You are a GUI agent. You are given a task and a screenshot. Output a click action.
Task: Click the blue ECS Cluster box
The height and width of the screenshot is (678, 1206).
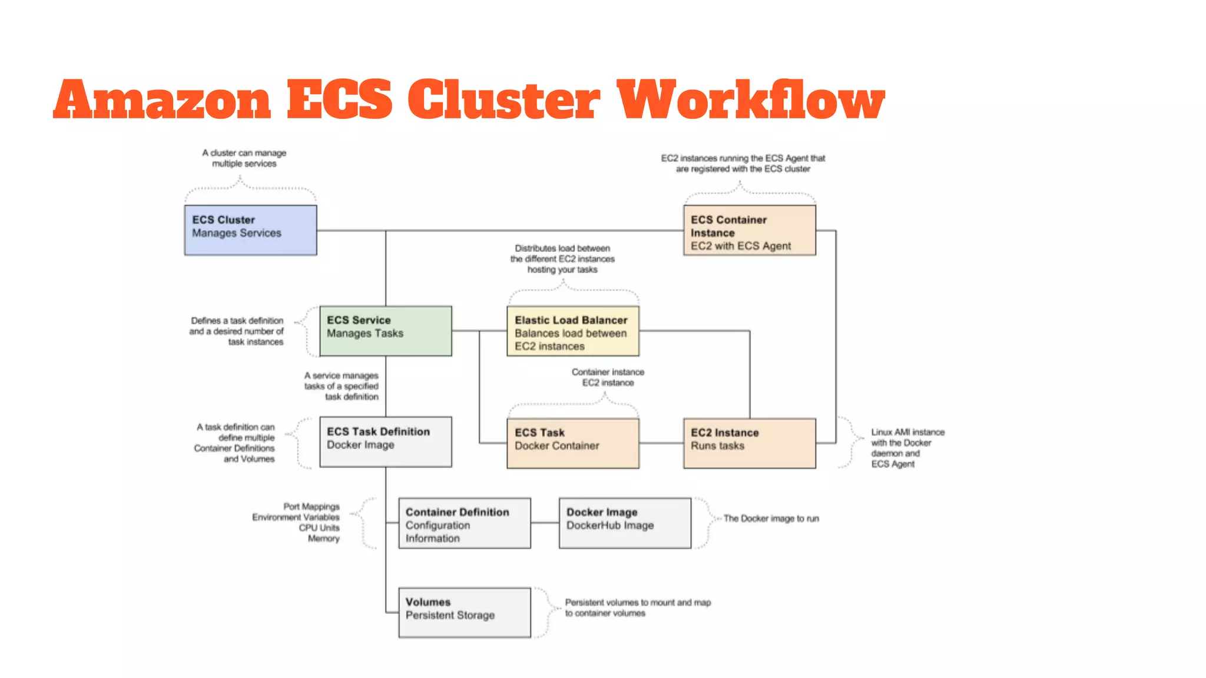pos(250,230)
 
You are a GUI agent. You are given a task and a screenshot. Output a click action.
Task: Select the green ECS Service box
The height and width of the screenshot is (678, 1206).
pos(385,331)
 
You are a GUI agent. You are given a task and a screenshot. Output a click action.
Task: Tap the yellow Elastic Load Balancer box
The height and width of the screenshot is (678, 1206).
pos(572,331)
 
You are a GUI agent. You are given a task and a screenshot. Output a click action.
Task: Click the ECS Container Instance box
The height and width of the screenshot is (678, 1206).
pos(749,230)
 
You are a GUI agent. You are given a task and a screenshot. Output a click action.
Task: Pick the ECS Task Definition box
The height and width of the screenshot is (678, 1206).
pos(385,442)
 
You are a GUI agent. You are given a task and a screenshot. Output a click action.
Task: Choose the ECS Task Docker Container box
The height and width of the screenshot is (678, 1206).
pos(572,443)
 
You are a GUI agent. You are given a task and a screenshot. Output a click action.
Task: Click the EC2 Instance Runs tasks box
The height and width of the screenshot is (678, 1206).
pos(749,443)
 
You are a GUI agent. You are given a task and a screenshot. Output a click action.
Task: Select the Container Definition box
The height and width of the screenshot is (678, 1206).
pos(464,523)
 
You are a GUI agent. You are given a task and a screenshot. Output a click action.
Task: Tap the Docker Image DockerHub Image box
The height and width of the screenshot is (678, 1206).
pos(624,523)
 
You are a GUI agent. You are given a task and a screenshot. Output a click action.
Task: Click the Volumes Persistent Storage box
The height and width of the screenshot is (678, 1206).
pos(464,613)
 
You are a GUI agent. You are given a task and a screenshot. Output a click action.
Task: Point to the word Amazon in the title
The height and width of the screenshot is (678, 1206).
pos(163,100)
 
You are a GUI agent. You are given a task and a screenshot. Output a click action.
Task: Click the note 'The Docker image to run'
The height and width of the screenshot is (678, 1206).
pos(771,519)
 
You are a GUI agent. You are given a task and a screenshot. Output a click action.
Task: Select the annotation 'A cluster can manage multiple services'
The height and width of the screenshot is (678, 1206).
pos(244,158)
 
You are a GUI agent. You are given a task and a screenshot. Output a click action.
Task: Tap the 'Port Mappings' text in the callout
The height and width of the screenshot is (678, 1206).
pos(312,507)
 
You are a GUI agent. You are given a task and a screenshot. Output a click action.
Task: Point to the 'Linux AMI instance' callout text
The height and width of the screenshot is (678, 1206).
pos(907,432)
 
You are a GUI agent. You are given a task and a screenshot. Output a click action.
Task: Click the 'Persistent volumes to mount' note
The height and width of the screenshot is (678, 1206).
pos(637,603)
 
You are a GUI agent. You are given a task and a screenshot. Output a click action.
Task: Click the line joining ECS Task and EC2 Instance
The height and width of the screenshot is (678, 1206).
pos(661,443)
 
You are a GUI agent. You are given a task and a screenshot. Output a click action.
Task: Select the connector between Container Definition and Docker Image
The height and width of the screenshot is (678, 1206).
pos(545,523)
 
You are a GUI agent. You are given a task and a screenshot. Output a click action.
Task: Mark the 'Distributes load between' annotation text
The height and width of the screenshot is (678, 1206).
pos(562,248)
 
